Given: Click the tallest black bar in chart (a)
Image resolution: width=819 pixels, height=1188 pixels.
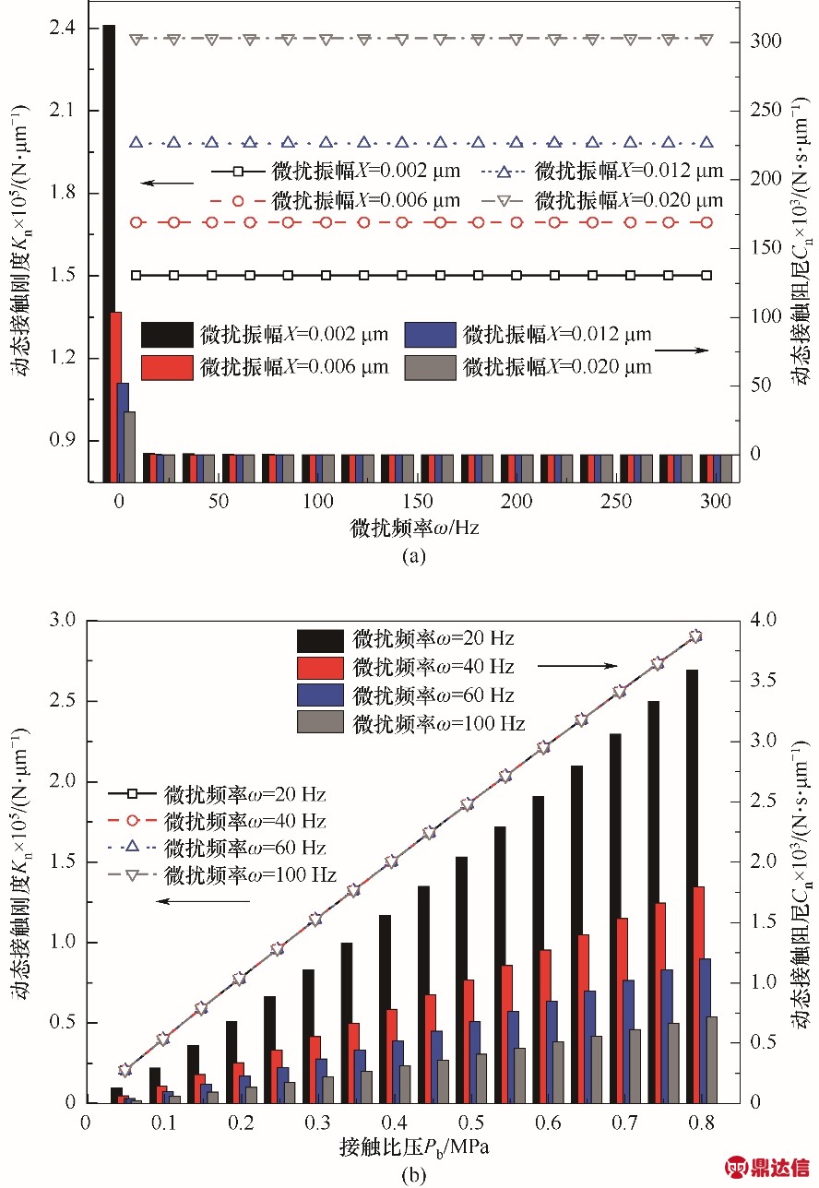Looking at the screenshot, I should pyautogui.click(x=109, y=249).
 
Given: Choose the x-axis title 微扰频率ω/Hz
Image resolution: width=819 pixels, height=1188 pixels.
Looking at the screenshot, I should pyautogui.click(x=414, y=529).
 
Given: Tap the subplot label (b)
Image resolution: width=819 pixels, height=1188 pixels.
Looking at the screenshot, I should pyautogui.click(x=413, y=1175).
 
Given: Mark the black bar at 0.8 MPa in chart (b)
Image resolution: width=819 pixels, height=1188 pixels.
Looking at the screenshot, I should pyautogui.click(x=692, y=885).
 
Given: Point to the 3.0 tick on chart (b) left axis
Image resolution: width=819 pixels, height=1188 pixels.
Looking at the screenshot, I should pyautogui.click(x=64, y=619).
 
